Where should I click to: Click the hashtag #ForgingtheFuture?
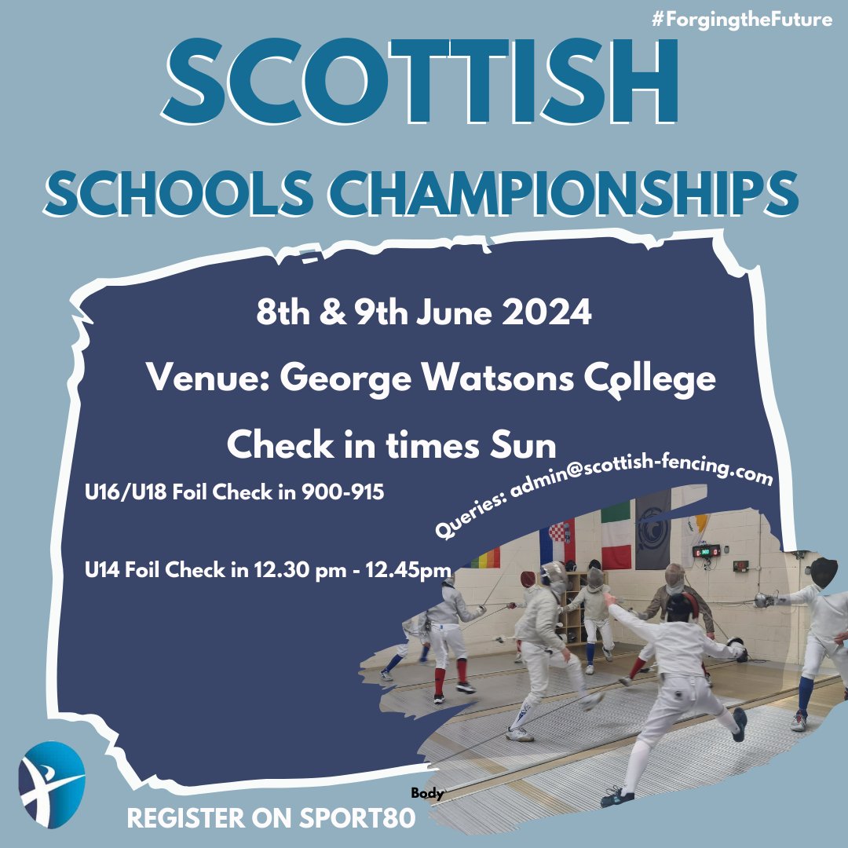[x=741, y=20]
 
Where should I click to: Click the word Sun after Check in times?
[x=523, y=445]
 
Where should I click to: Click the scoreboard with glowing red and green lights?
[x=708, y=551]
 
